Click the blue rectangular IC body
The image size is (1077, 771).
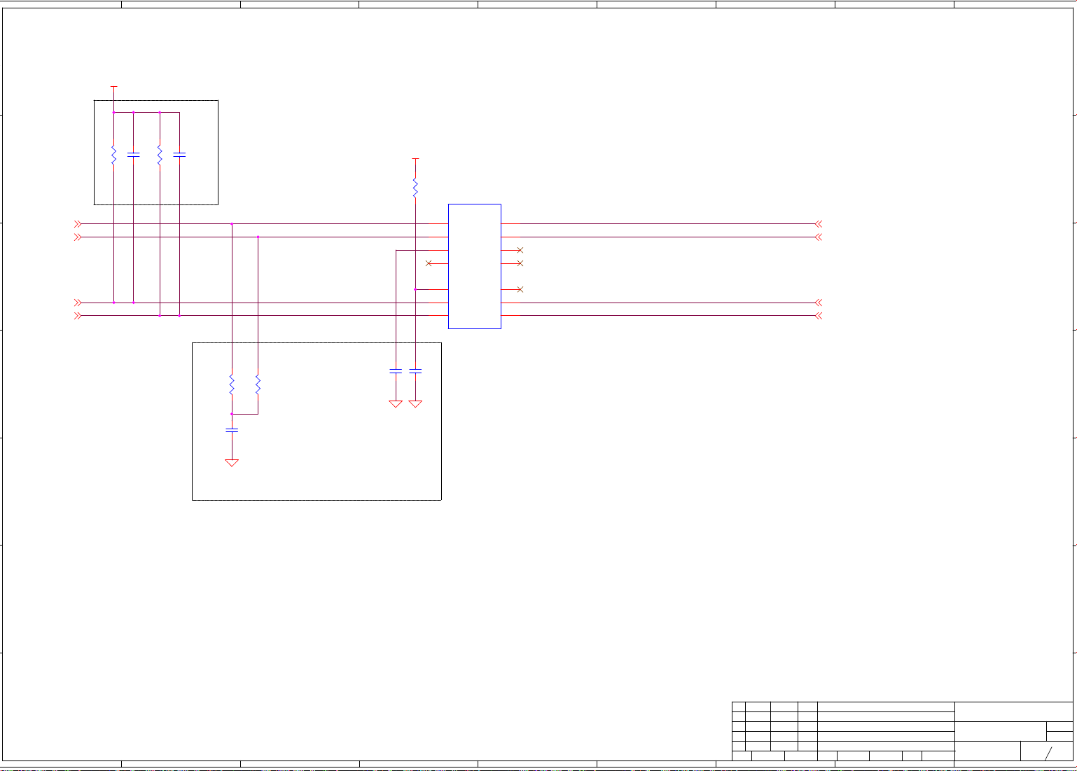pos(474,266)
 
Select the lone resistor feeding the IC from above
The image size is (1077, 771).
pos(415,188)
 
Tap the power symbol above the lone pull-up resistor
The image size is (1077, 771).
pos(415,159)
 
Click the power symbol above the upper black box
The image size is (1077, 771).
pos(113,88)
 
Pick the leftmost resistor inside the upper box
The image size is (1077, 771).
pos(113,155)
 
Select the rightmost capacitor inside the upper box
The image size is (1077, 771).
pos(179,154)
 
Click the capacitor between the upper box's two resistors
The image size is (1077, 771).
pos(133,154)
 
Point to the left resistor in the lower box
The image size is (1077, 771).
pos(232,384)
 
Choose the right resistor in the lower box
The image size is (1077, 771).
pos(258,384)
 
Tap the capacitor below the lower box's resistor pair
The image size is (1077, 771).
pos(232,430)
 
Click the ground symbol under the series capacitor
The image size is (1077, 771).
pos(232,463)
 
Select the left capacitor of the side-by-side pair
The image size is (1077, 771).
pos(396,371)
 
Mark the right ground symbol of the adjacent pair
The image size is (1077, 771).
pos(415,404)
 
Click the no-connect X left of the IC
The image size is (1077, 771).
pos(429,263)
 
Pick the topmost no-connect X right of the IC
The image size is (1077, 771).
pos(520,250)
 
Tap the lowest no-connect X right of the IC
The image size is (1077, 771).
pos(520,289)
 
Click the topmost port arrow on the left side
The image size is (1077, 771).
pos(78,224)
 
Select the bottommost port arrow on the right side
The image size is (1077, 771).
pos(818,316)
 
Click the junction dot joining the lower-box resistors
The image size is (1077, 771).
pos(232,414)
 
